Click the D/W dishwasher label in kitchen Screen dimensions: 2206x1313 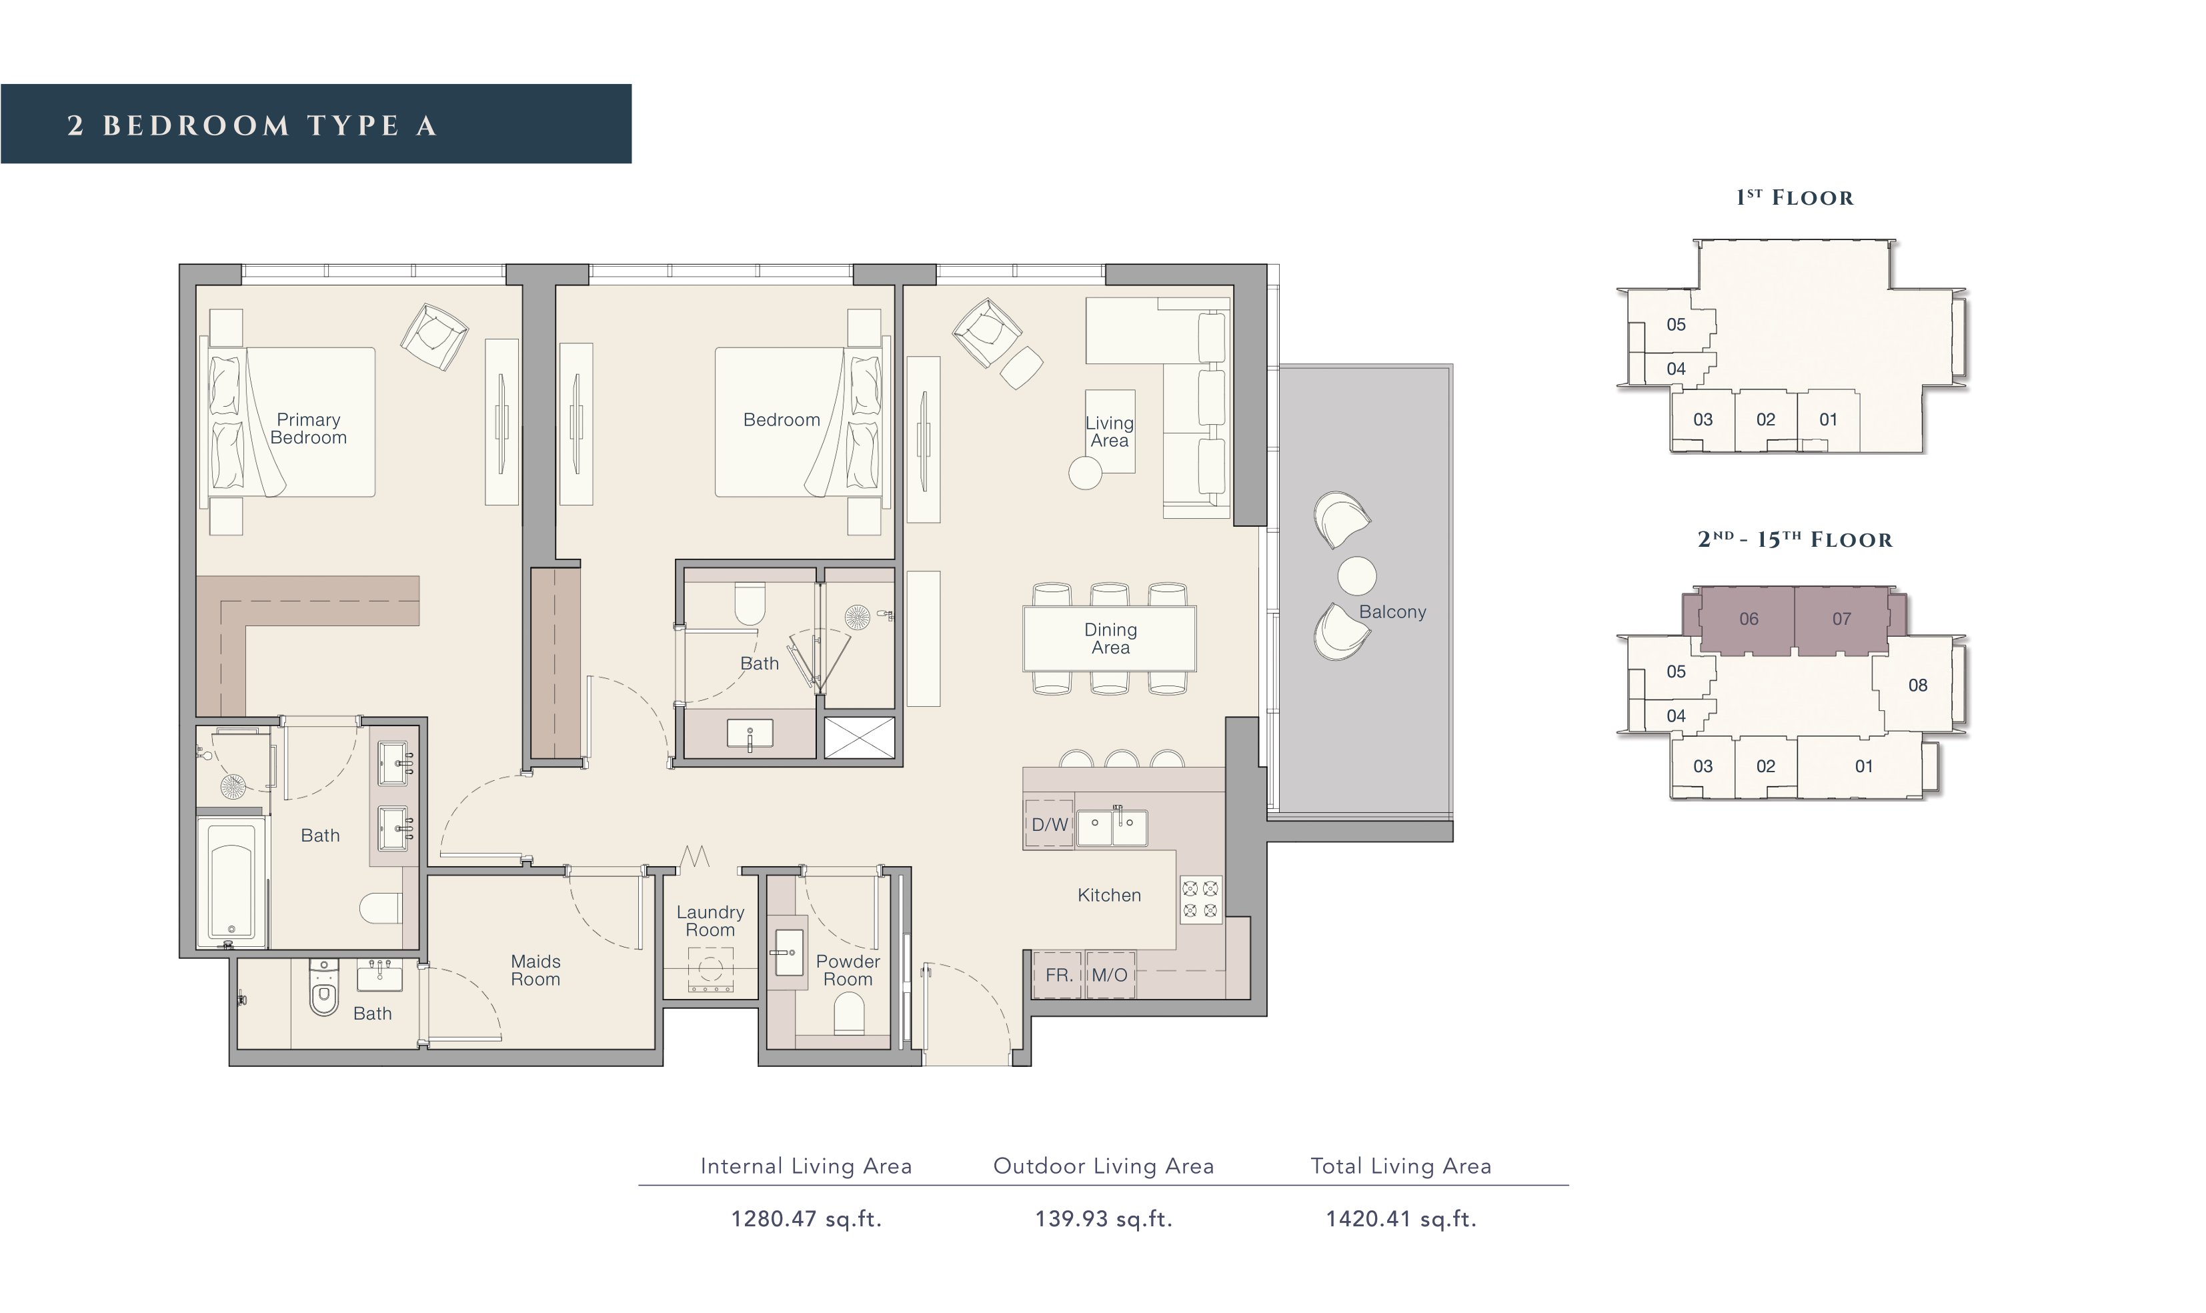pyautogui.click(x=1049, y=825)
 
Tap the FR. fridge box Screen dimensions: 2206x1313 pyautogui.click(x=1058, y=975)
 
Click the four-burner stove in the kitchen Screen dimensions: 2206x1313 pyautogui.click(x=1200, y=900)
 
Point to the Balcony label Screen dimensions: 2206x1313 pyautogui.click(x=1392, y=611)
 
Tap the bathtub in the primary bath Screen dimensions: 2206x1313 pyautogui.click(x=232, y=882)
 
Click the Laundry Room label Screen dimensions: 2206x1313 pyautogui.click(x=710, y=920)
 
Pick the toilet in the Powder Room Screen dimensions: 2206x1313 pyautogui.click(x=849, y=1013)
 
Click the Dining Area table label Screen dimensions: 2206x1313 pyautogui.click(x=1110, y=638)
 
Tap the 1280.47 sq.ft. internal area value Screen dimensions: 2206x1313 pyautogui.click(x=806, y=1218)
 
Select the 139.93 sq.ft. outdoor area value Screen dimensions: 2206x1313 pyautogui.click(x=1103, y=1218)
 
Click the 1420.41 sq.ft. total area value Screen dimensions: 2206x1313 pyautogui.click(x=1400, y=1218)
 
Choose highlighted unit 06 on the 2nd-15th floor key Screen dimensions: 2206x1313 pyautogui.click(x=1748, y=619)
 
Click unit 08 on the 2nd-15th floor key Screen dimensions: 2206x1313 pyautogui.click(x=1918, y=685)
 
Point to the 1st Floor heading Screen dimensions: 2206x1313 pyautogui.click(x=1794, y=197)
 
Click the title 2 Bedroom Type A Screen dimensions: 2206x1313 pyautogui.click(x=252, y=125)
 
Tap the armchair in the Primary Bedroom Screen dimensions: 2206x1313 pyautogui.click(x=434, y=337)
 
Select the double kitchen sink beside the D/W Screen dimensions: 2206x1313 pyautogui.click(x=1112, y=828)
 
